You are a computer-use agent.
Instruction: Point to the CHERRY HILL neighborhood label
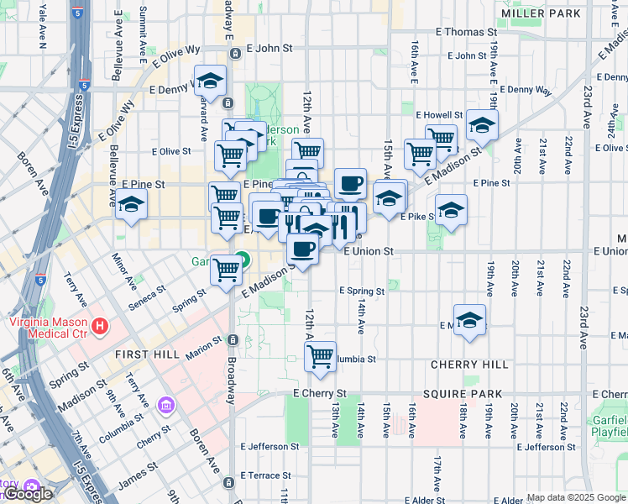click(469, 365)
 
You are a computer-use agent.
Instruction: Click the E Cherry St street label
click(320, 393)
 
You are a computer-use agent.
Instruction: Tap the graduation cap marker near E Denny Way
click(211, 81)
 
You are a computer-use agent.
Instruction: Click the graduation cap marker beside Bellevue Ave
click(131, 205)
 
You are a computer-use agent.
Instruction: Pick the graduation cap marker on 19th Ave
click(482, 126)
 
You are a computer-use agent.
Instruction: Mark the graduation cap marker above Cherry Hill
click(470, 319)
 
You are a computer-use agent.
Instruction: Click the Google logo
click(28, 495)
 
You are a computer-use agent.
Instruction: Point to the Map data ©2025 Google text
click(575, 497)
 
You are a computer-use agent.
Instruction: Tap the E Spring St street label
click(362, 291)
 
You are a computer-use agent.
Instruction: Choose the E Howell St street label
click(439, 114)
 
